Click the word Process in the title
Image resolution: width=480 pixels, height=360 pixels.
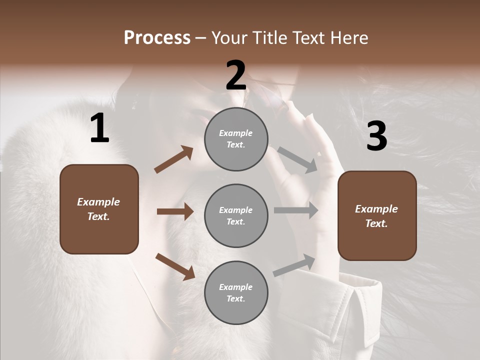coord(157,38)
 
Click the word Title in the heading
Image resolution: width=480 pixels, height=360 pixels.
coord(268,38)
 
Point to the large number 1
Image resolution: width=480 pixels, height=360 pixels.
coord(99,128)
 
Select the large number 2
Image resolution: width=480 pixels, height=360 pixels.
coord(236,75)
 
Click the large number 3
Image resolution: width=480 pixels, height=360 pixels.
coord(377,136)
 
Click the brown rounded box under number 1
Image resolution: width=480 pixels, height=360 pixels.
coord(99,209)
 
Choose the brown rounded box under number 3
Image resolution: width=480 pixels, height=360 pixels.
coord(377,216)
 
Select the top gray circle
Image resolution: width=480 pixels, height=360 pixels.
coord(236,139)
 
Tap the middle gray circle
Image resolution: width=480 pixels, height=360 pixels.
coord(236,216)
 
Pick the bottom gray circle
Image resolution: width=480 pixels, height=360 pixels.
coord(236,293)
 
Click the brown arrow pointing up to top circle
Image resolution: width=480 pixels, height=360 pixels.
coord(174,159)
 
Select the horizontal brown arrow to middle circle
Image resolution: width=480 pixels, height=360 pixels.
coord(175,211)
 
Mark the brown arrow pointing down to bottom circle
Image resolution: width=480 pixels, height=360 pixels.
coord(175,266)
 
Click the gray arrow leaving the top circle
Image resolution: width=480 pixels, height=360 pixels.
coord(297,159)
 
